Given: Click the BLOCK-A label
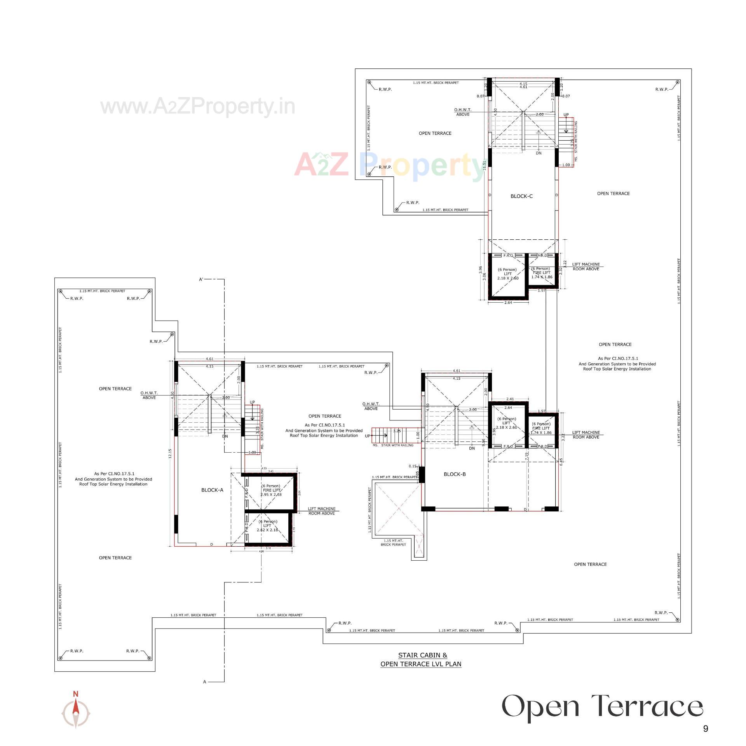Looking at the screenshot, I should pyautogui.click(x=212, y=490).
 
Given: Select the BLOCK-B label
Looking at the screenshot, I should pyautogui.click(x=455, y=474).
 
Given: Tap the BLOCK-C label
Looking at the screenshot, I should pyautogui.click(x=521, y=196).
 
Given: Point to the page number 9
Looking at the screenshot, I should pyautogui.click(x=706, y=729).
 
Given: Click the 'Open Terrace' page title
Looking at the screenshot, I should pyautogui.click(x=602, y=706).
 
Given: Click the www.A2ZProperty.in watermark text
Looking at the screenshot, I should pyautogui.click(x=198, y=106).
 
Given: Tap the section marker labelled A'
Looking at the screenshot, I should pyautogui.click(x=201, y=279).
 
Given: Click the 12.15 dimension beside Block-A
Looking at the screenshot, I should pyautogui.click(x=170, y=454).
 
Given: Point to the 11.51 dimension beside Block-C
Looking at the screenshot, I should pyautogui.click(x=485, y=165).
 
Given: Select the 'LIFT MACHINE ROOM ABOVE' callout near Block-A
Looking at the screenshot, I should pyautogui.click(x=322, y=511).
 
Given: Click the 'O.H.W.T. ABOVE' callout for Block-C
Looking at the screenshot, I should pyautogui.click(x=462, y=112).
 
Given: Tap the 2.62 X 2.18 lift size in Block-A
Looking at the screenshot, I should pyautogui.click(x=268, y=530).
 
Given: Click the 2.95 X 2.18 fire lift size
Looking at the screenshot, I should pyautogui.click(x=271, y=495).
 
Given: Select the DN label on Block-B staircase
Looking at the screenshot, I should pyautogui.click(x=472, y=448).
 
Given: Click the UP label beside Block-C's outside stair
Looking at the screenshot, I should pyautogui.click(x=566, y=115).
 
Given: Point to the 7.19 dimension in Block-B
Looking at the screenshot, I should pyautogui.click(x=526, y=457).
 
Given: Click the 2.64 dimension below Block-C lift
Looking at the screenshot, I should pyautogui.click(x=508, y=302).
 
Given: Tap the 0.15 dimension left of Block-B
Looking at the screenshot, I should pyautogui.click(x=412, y=466).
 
